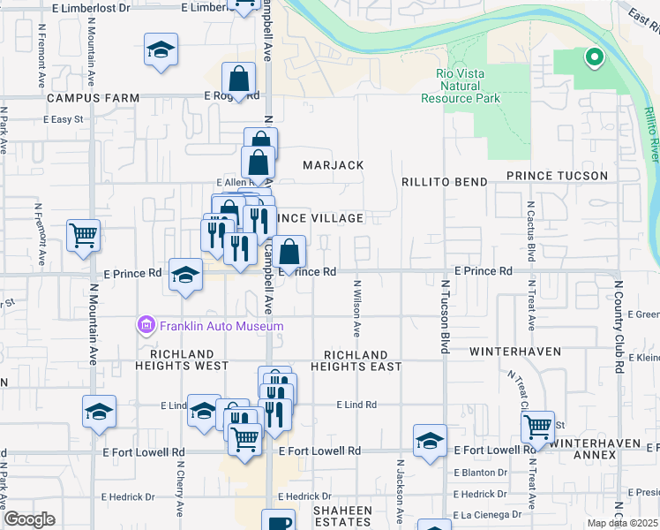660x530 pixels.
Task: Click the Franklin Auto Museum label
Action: [x=221, y=326]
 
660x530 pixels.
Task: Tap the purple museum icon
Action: [x=146, y=326]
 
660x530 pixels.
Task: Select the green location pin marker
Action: [x=594, y=58]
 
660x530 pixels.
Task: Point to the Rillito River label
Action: [x=650, y=132]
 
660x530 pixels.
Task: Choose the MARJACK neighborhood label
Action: [x=334, y=165]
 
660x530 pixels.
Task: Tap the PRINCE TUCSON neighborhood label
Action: [x=557, y=176]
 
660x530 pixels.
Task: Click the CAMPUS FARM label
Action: [x=94, y=98]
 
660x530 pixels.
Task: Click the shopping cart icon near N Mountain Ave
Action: [x=84, y=236]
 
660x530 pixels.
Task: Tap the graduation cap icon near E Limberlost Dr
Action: [x=161, y=50]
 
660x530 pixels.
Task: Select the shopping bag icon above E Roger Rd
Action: [x=239, y=78]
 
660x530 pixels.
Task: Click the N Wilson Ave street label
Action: [x=357, y=309]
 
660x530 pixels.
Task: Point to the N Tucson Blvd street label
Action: [x=446, y=317]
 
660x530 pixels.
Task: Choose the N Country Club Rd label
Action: [x=619, y=328]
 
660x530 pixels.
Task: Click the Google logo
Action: [x=29, y=519]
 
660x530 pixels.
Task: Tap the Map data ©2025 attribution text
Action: [x=622, y=524]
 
